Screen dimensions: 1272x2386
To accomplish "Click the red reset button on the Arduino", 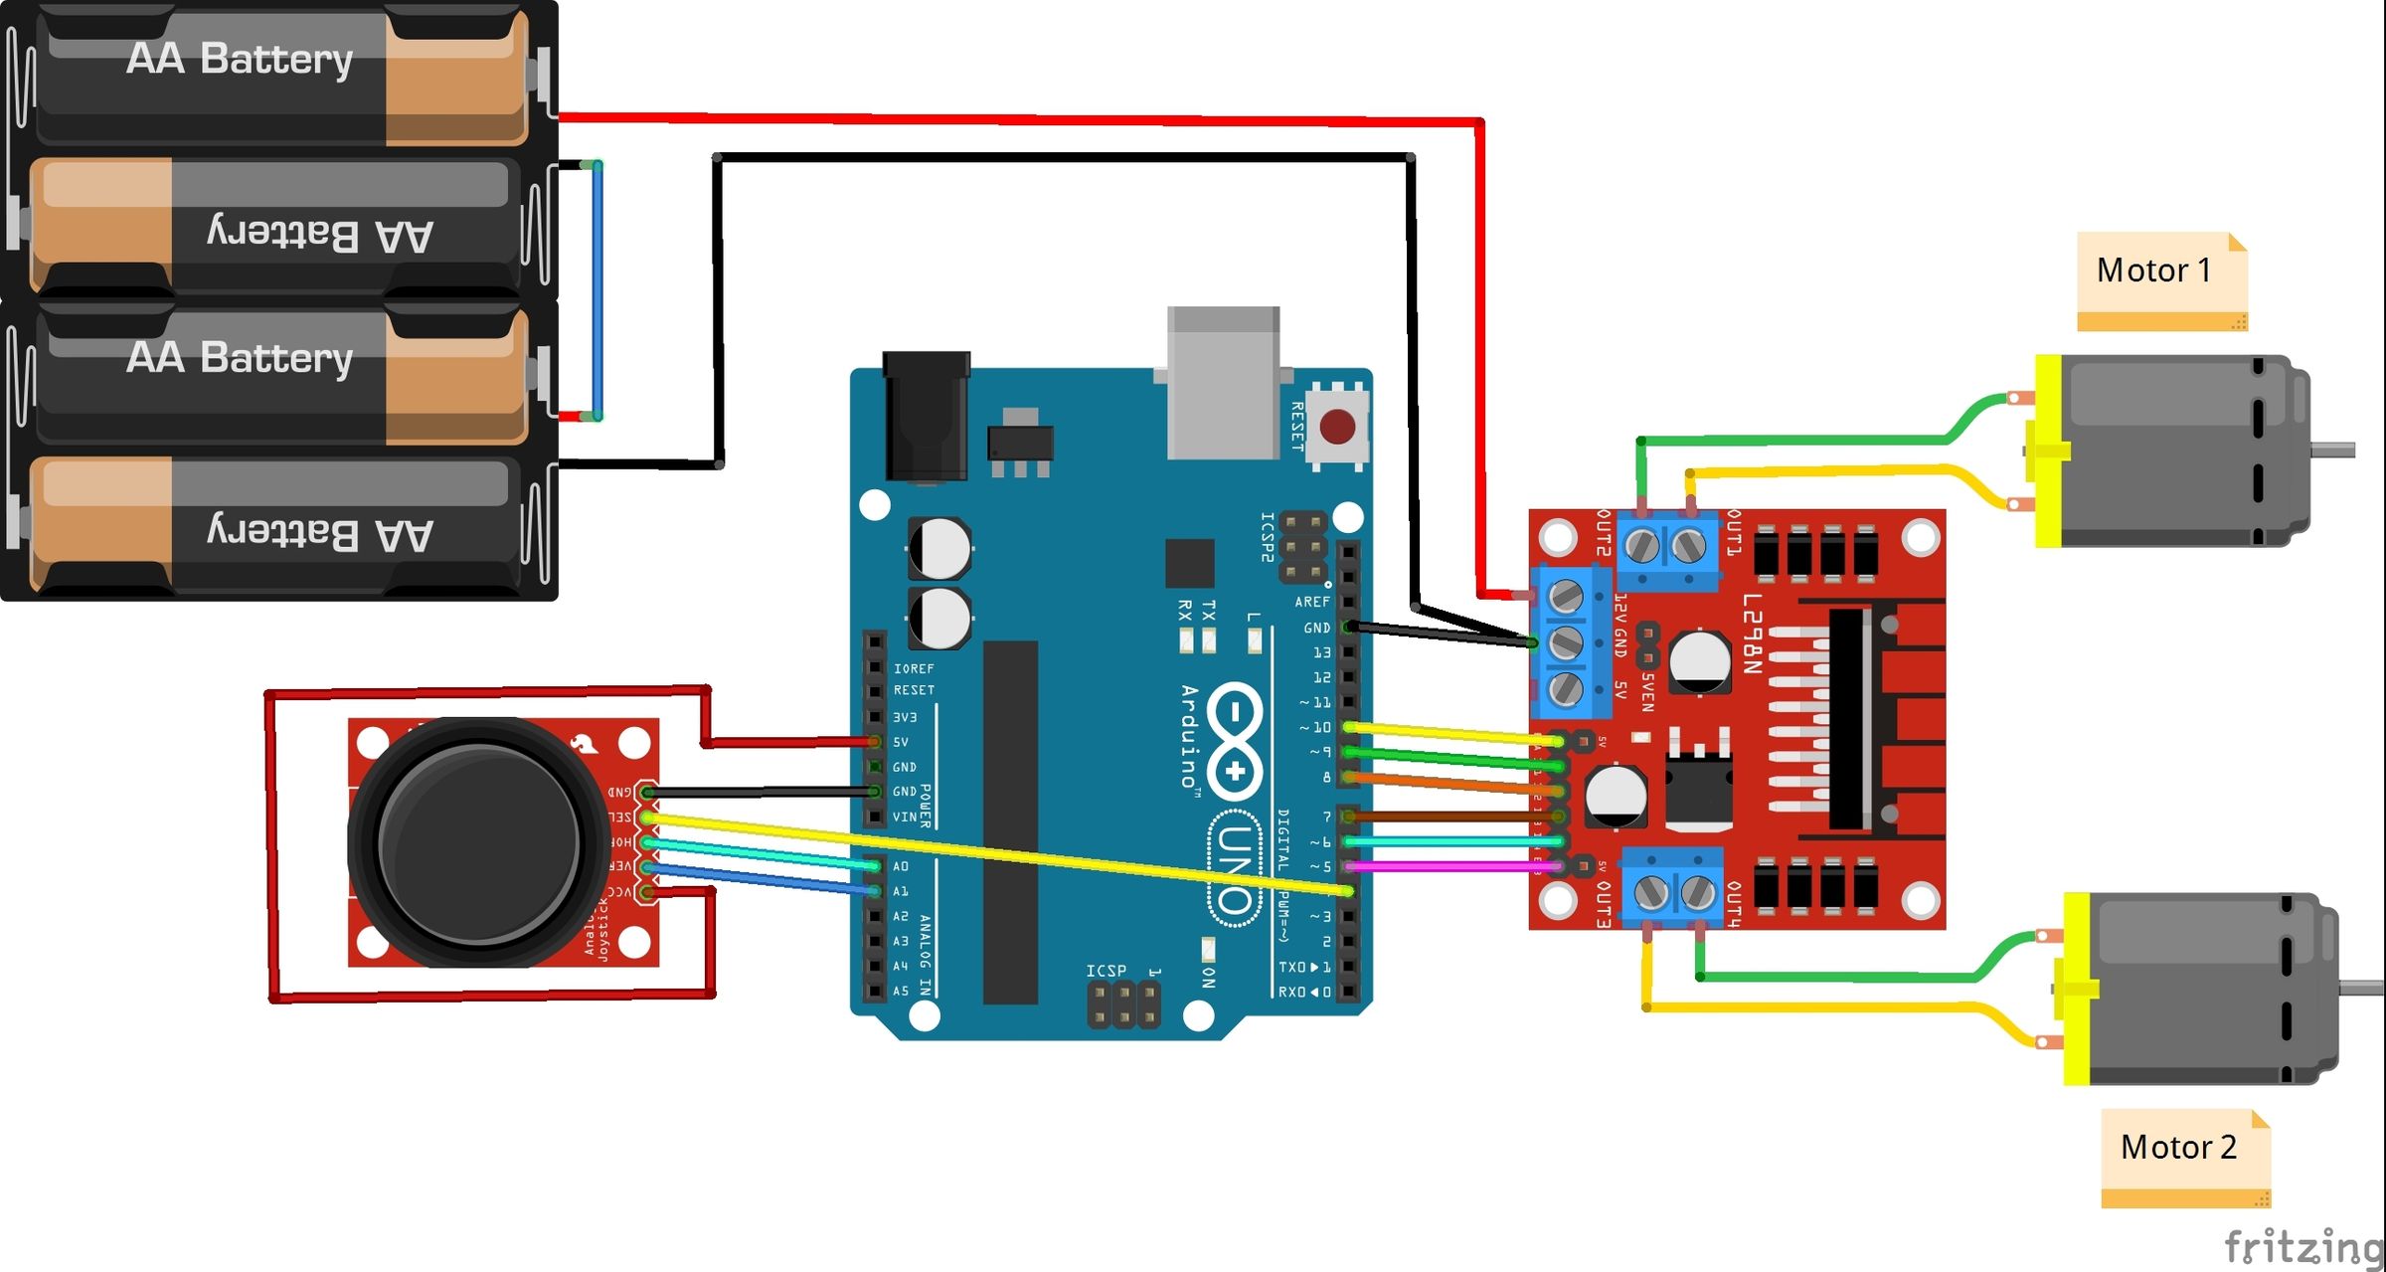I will (x=1337, y=428).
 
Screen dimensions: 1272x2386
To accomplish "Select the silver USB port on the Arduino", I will (x=1223, y=383).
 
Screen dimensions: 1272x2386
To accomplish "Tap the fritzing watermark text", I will (x=2301, y=1246).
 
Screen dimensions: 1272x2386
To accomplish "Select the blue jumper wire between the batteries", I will (x=597, y=288).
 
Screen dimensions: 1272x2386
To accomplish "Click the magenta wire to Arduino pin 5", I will (x=1451, y=866).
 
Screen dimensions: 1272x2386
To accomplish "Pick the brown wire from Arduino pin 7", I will (x=1451, y=817).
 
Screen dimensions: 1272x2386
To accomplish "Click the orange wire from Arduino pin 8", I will (x=1451, y=785).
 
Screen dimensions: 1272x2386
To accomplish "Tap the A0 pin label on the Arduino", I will (x=901, y=866).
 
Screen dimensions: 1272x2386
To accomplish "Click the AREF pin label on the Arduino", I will (x=1311, y=602).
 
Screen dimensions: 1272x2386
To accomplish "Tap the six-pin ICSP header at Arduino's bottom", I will (x=1124, y=1004).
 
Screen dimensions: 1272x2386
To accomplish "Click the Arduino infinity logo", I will (x=1234, y=741).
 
